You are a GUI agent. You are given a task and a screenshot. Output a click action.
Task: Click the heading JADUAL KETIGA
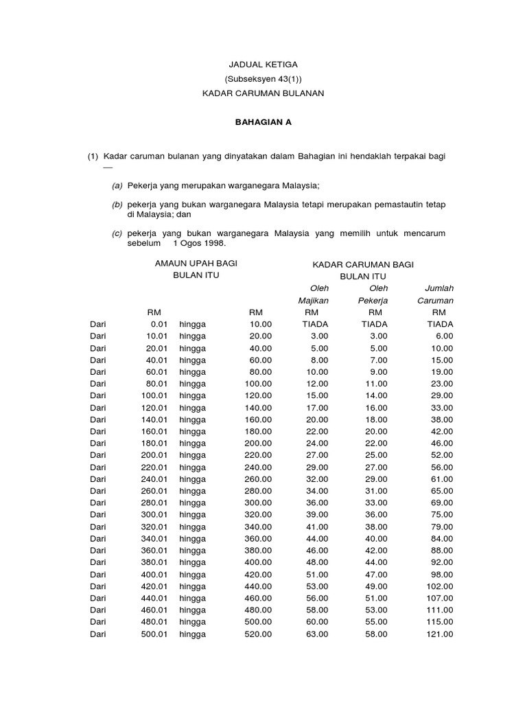(x=263, y=64)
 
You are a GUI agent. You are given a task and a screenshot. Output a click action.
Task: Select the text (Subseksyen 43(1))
(x=263, y=78)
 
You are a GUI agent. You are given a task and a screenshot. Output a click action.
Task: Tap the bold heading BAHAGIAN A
(x=263, y=122)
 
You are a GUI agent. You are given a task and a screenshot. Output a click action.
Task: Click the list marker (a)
(x=117, y=185)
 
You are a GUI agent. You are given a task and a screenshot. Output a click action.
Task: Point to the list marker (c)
(x=117, y=233)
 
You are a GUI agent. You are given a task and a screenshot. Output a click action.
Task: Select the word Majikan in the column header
(x=313, y=300)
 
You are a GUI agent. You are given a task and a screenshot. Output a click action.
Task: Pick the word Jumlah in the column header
(x=440, y=288)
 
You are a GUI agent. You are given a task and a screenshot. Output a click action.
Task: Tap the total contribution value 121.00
(x=440, y=634)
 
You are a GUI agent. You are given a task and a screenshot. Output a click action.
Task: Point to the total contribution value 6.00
(x=444, y=336)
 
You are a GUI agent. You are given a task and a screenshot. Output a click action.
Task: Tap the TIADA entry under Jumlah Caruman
(x=440, y=324)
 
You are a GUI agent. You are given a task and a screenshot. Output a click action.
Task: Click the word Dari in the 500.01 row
(x=98, y=634)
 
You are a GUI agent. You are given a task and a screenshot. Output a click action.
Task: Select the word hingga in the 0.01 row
(x=193, y=324)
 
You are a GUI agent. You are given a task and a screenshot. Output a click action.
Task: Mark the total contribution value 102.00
(x=440, y=586)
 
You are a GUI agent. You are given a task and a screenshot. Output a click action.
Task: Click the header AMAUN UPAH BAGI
(x=196, y=264)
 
